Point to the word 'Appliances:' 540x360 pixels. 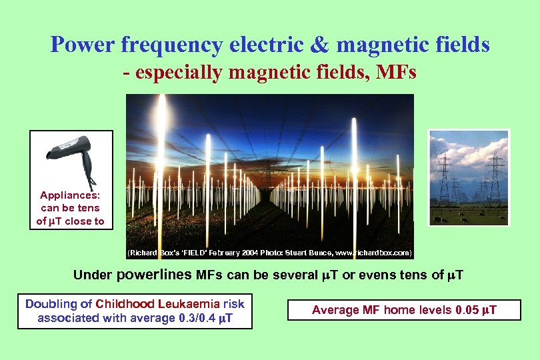click(x=70, y=195)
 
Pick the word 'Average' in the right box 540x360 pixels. click(x=335, y=310)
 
